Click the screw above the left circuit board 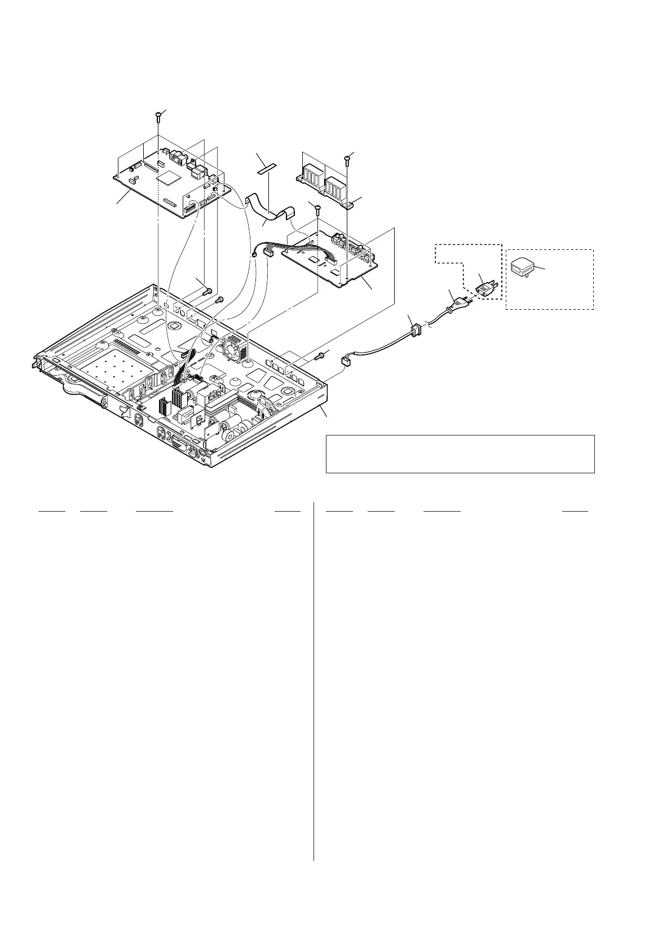click(158, 116)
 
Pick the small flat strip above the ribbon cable click(267, 168)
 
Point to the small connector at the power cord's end click(346, 361)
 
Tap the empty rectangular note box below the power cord click(460, 454)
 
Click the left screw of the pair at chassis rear click(206, 292)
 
